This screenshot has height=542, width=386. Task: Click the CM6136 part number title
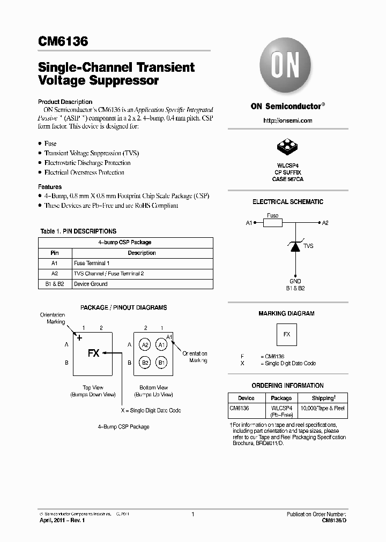[x=63, y=42]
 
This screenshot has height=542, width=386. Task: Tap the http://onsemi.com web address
[x=287, y=121]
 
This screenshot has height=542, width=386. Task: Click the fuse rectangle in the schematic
[x=273, y=223]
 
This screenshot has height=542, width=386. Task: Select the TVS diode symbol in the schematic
[x=295, y=246]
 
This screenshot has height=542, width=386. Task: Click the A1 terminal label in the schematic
[x=249, y=223]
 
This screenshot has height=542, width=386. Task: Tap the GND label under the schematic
[x=295, y=281]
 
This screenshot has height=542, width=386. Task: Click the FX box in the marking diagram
[x=287, y=334]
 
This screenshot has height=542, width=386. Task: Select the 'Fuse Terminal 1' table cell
[x=92, y=263]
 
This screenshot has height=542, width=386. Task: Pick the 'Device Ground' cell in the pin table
[x=91, y=284]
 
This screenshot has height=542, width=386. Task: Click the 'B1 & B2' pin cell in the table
[x=55, y=284]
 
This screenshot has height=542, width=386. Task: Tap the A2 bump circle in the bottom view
[x=145, y=345]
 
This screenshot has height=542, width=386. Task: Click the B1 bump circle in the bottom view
[x=161, y=363]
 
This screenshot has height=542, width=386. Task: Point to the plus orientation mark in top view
[x=80, y=337]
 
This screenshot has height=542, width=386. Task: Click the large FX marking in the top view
[x=93, y=353]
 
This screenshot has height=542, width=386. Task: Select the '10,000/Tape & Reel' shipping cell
[x=323, y=408]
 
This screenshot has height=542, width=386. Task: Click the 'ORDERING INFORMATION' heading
[x=287, y=385]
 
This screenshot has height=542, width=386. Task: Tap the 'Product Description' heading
[x=65, y=102]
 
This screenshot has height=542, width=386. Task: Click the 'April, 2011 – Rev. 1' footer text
[x=62, y=520]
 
